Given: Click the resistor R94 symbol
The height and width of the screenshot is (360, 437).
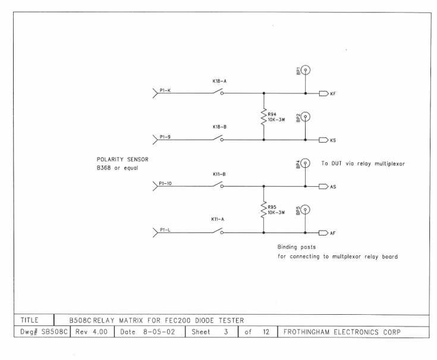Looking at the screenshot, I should click(263, 116).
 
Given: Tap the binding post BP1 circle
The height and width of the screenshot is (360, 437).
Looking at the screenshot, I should click(306, 70).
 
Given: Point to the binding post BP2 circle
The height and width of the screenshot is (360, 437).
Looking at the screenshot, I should click(306, 117).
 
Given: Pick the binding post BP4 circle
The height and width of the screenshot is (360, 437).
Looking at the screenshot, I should click(306, 163).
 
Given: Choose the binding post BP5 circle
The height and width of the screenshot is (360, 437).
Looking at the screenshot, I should click(306, 209).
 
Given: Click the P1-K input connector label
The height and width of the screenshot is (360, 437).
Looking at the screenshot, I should click(166, 90).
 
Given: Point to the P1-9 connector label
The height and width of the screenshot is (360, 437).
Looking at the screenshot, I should click(166, 137).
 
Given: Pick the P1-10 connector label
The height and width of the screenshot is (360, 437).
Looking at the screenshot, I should click(167, 183).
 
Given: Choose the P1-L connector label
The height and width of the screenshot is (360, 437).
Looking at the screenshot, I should click(166, 230).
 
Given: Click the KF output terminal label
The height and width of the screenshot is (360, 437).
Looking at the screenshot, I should click(333, 94).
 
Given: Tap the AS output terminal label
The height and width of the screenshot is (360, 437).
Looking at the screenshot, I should click(333, 187).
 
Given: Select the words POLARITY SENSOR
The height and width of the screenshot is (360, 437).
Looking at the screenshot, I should click(122, 159).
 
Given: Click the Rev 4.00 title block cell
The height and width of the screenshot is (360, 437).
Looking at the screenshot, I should click(92, 332).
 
